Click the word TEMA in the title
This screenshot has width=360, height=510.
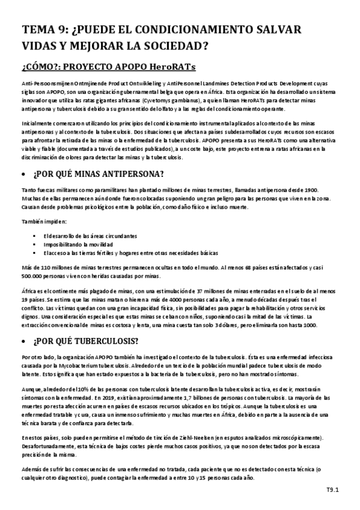coord(37,30)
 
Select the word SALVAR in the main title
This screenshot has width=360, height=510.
coord(273,30)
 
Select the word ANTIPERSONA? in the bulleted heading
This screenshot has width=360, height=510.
coord(129,175)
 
